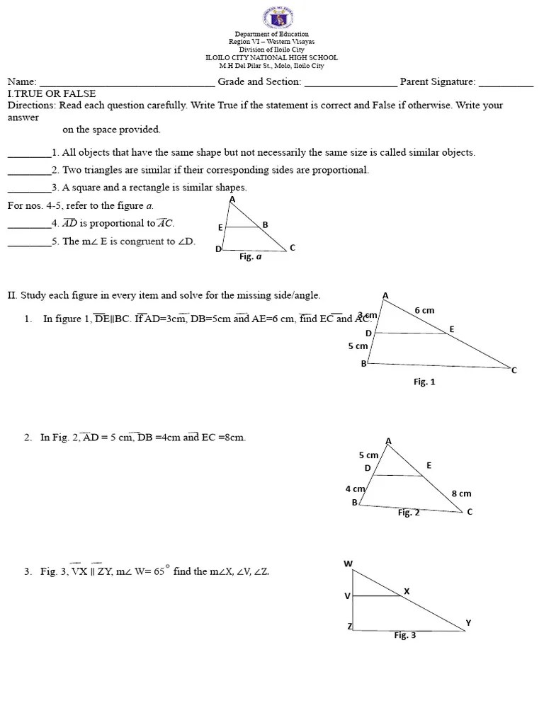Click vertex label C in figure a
[x=292, y=247]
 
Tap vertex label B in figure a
[x=265, y=224]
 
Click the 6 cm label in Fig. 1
[x=424, y=310]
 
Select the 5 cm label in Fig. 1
[x=358, y=346]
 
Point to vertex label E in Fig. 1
[x=451, y=329]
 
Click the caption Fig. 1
[x=424, y=382]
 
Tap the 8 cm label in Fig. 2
[x=460, y=493]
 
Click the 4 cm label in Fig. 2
[x=355, y=489]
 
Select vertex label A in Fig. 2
[x=388, y=441]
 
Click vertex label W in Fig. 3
[x=348, y=564]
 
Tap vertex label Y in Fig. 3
[x=467, y=623]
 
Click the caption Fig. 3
[x=404, y=635]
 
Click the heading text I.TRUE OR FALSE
[x=51, y=93]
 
